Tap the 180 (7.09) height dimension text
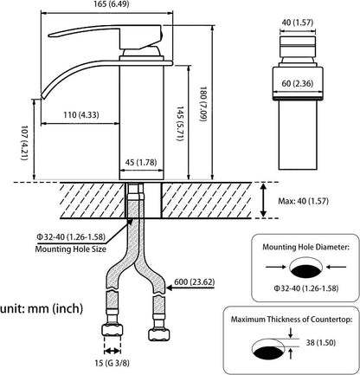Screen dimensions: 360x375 (203, 104)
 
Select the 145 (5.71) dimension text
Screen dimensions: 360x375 (180, 124)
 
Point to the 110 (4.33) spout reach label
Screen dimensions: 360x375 (81, 115)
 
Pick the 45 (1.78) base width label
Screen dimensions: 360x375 (141, 163)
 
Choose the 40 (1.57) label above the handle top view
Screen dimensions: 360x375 (298, 23)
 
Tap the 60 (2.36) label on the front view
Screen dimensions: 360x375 (298, 83)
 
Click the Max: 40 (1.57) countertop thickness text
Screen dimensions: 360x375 (303, 201)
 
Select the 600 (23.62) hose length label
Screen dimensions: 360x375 (195, 281)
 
